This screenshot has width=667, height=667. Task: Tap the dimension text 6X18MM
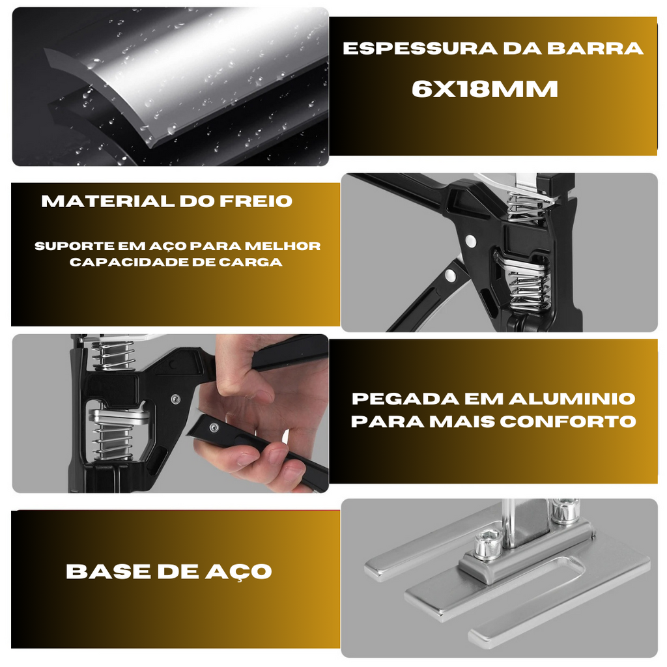pyautogui.click(x=485, y=89)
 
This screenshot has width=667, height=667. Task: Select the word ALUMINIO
pyautogui.click(x=572, y=399)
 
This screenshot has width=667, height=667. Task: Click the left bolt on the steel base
pyautogui.click(x=488, y=542)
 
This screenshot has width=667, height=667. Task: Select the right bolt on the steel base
pyautogui.click(x=565, y=509)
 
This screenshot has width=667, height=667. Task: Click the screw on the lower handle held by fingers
pyautogui.click(x=214, y=428)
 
